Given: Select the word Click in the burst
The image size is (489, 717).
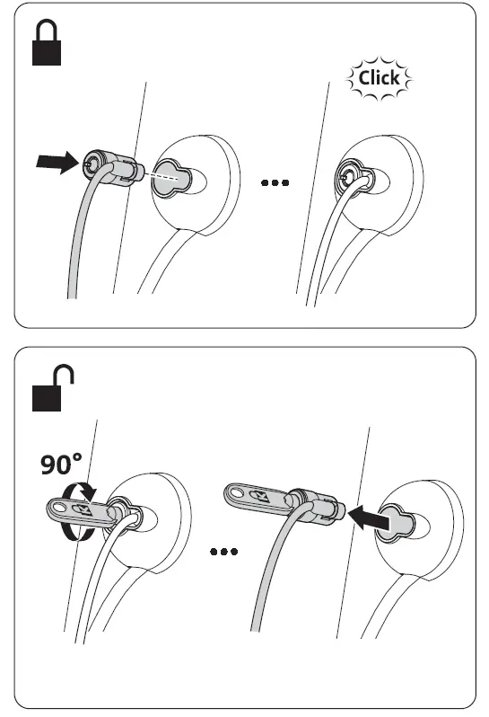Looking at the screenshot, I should pyautogui.click(x=378, y=78).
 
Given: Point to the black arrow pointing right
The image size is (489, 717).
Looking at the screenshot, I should pyautogui.click(x=53, y=163).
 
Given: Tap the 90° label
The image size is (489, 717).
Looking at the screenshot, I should pyautogui.click(x=59, y=465).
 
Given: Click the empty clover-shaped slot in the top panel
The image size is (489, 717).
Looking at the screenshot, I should pyautogui.click(x=172, y=177).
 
